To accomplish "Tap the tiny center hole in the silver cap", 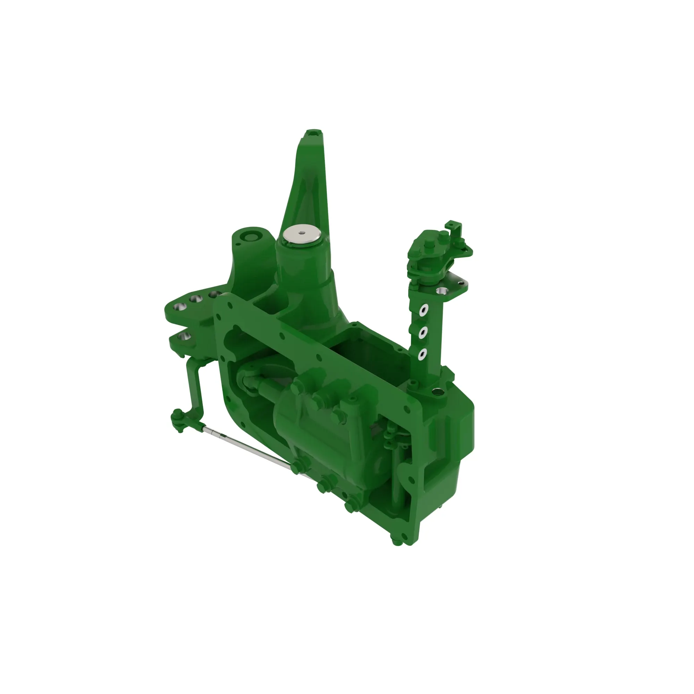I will (302, 232).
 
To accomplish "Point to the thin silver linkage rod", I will (248, 447).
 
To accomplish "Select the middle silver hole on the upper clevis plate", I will (195, 299).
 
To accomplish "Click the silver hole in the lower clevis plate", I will (185, 337).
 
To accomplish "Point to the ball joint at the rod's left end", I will (177, 416).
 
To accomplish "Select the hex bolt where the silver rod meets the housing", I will (297, 468).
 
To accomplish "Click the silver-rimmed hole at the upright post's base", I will (436, 391).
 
